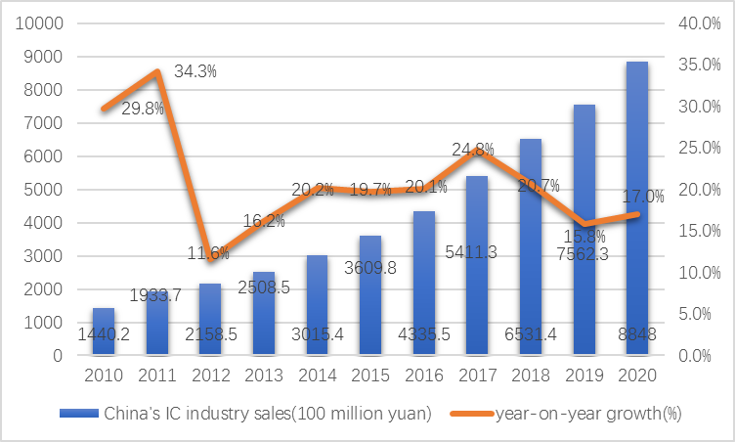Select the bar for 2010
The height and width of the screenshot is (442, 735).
click(x=103, y=331)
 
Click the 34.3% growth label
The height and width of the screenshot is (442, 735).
click(x=195, y=71)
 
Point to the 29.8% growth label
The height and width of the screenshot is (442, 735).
click(x=143, y=109)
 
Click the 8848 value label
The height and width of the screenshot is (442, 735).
click(x=638, y=334)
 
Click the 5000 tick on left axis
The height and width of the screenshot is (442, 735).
click(x=46, y=190)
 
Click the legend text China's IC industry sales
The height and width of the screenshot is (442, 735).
click(x=267, y=413)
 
